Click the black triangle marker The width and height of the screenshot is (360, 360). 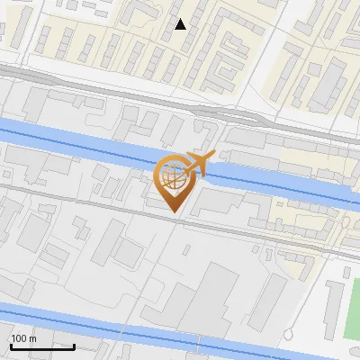pos(181,24)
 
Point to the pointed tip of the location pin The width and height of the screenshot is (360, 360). pos(173,211)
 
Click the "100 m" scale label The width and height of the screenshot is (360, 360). pos(24,338)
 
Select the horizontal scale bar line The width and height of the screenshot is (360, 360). pos(42,346)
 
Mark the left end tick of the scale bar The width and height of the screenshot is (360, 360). pos(11,345)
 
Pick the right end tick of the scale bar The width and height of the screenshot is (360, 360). pos(74,345)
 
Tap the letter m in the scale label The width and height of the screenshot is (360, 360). pos(33,338)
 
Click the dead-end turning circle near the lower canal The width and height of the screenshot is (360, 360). pos(288,335)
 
